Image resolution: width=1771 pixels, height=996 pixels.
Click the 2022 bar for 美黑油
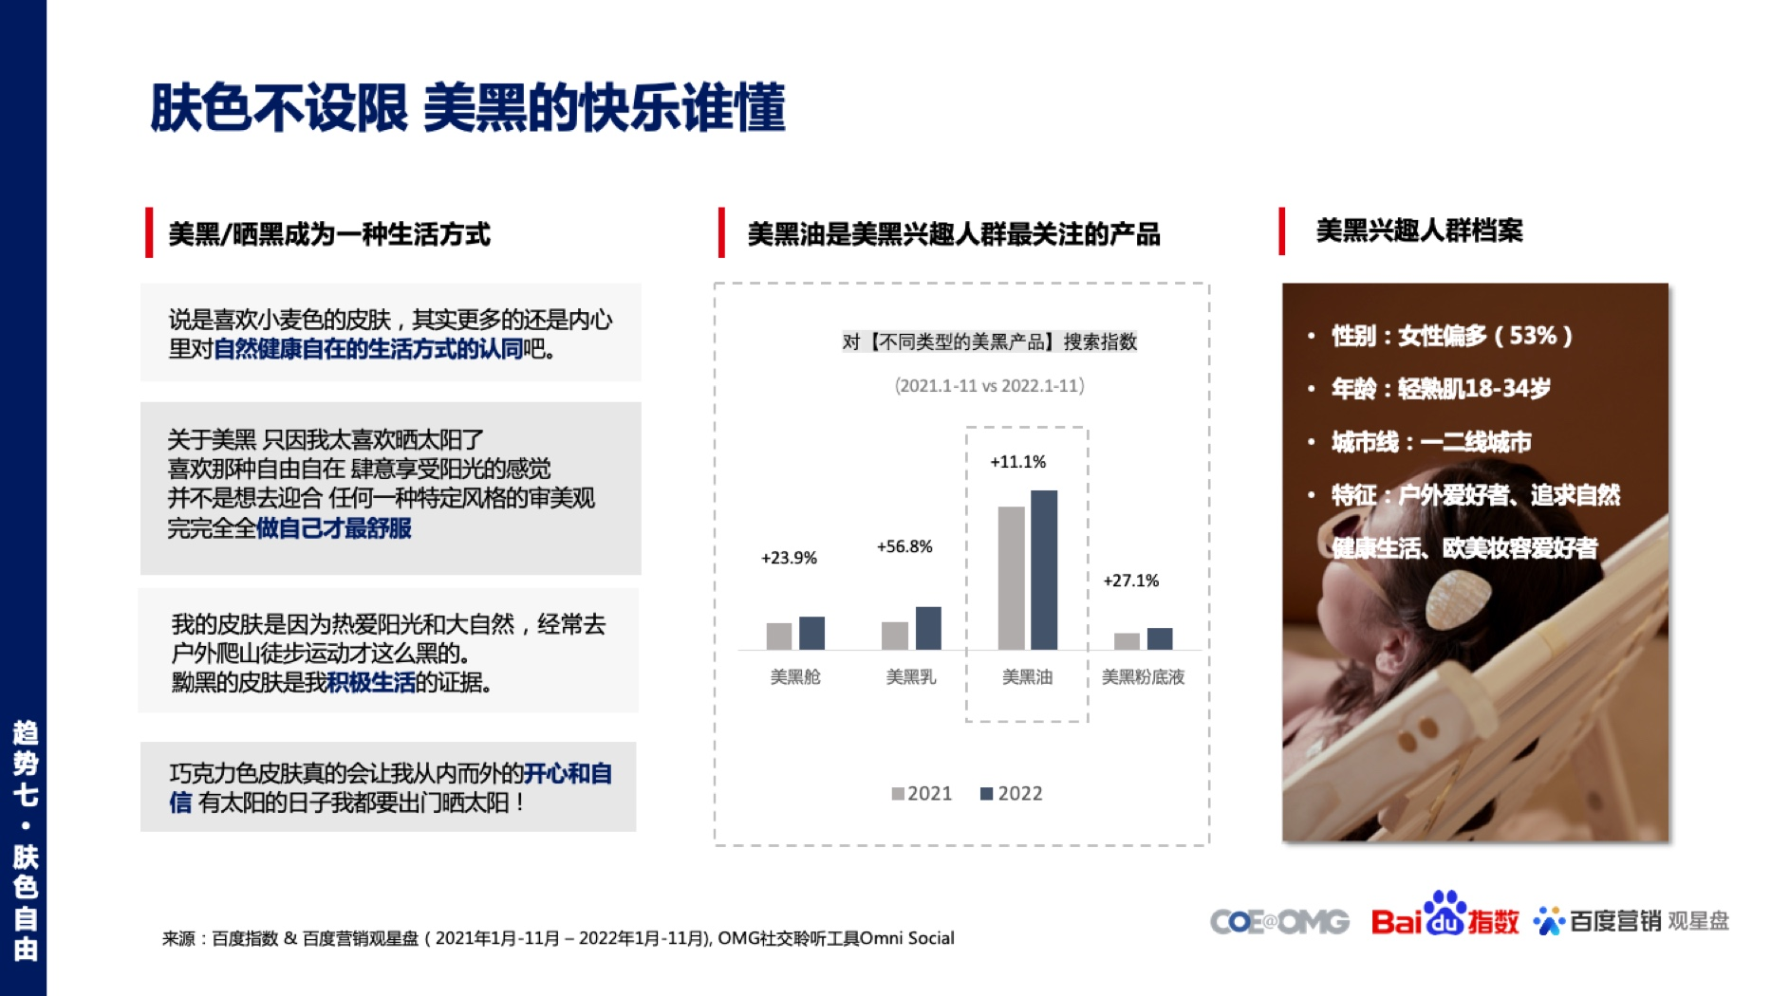pyautogui.click(x=1044, y=570)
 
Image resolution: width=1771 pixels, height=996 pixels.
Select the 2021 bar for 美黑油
pyautogui.click(x=1012, y=578)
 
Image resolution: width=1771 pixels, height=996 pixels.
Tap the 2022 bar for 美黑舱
pyautogui.click(x=811, y=633)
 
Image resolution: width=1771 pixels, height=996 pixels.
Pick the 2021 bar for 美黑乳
pyautogui.click(x=895, y=636)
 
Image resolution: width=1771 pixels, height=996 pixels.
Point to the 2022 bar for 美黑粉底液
pyautogui.click(x=1160, y=638)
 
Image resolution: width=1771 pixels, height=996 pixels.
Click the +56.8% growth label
pyautogui.click(x=904, y=546)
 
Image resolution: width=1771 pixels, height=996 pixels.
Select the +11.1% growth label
pyautogui.click(x=1018, y=462)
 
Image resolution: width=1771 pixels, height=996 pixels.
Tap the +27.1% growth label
pyautogui.click(x=1131, y=581)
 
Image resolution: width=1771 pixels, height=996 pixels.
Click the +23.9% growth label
pyautogui.click(x=789, y=558)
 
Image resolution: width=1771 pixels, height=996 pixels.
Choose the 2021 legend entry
pyautogui.click(x=922, y=793)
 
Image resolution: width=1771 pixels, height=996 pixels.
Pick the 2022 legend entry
pyautogui.click(x=1012, y=793)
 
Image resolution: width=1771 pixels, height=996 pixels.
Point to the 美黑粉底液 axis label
pyautogui.click(x=1143, y=676)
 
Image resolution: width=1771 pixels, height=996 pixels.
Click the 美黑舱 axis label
pyautogui.click(x=795, y=676)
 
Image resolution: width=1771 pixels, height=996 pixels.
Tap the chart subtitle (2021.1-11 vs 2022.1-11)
pyautogui.click(x=989, y=385)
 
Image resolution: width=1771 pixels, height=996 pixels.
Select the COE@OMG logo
pyautogui.click(x=1279, y=921)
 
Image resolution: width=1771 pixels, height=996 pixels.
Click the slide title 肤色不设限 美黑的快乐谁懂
pyautogui.click(x=468, y=107)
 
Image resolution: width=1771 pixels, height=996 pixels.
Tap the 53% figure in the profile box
pyautogui.click(x=1532, y=336)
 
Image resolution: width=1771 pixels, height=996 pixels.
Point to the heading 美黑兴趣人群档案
pyautogui.click(x=1419, y=231)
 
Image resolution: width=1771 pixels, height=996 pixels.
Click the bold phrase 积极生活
pyautogui.click(x=371, y=682)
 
